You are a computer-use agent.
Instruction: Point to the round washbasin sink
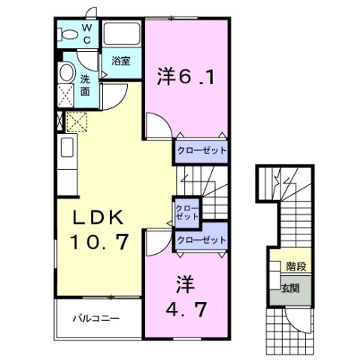(x=66, y=74)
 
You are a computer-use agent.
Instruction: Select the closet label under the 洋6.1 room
(x=202, y=150)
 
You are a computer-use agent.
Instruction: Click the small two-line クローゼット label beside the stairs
(x=187, y=212)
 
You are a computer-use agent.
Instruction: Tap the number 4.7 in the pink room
(x=187, y=308)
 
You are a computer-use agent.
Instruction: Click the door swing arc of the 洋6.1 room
(x=156, y=124)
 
